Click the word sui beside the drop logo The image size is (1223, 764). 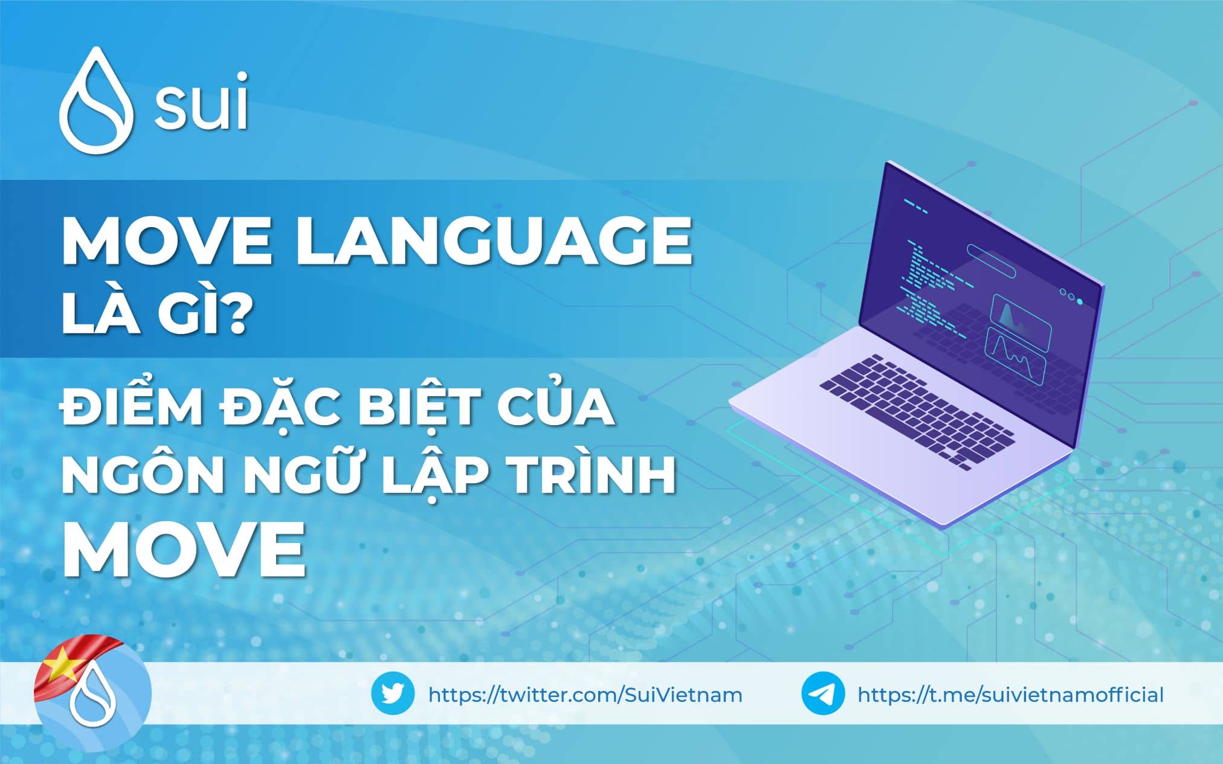(x=201, y=103)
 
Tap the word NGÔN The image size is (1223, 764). (x=143, y=474)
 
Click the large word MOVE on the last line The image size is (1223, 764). (x=184, y=549)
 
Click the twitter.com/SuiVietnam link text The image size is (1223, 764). (x=585, y=695)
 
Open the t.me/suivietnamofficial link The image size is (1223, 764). (x=1010, y=695)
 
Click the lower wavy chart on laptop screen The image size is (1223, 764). (x=1015, y=357)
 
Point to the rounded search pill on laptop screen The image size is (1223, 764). (x=991, y=260)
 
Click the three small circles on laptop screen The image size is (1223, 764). (x=1071, y=296)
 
